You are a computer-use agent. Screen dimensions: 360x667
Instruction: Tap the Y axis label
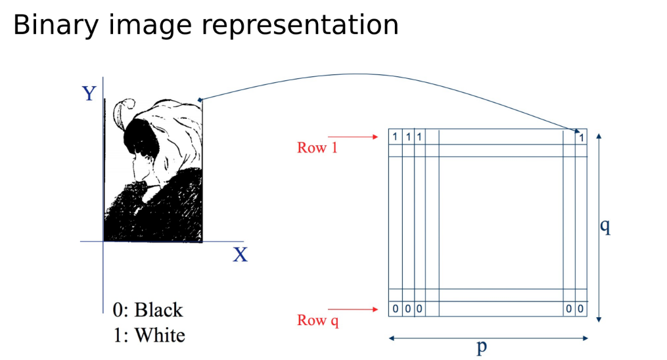point(89,95)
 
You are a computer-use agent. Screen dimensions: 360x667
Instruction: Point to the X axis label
point(241,255)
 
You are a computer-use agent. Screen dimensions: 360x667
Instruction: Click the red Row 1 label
point(317,148)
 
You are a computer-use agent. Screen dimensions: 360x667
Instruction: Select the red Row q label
point(318,321)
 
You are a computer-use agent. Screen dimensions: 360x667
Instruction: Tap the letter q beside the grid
point(605,227)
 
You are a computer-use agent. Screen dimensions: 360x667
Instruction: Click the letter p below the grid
point(482,346)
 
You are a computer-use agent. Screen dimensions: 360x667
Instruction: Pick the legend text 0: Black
point(149,309)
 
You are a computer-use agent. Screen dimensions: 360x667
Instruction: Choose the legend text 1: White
point(149,335)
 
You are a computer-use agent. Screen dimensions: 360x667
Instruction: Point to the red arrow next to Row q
point(355,308)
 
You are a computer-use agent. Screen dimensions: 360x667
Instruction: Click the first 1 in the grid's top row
point(395,137)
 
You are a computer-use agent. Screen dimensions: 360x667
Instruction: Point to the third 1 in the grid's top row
point(419,137)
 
